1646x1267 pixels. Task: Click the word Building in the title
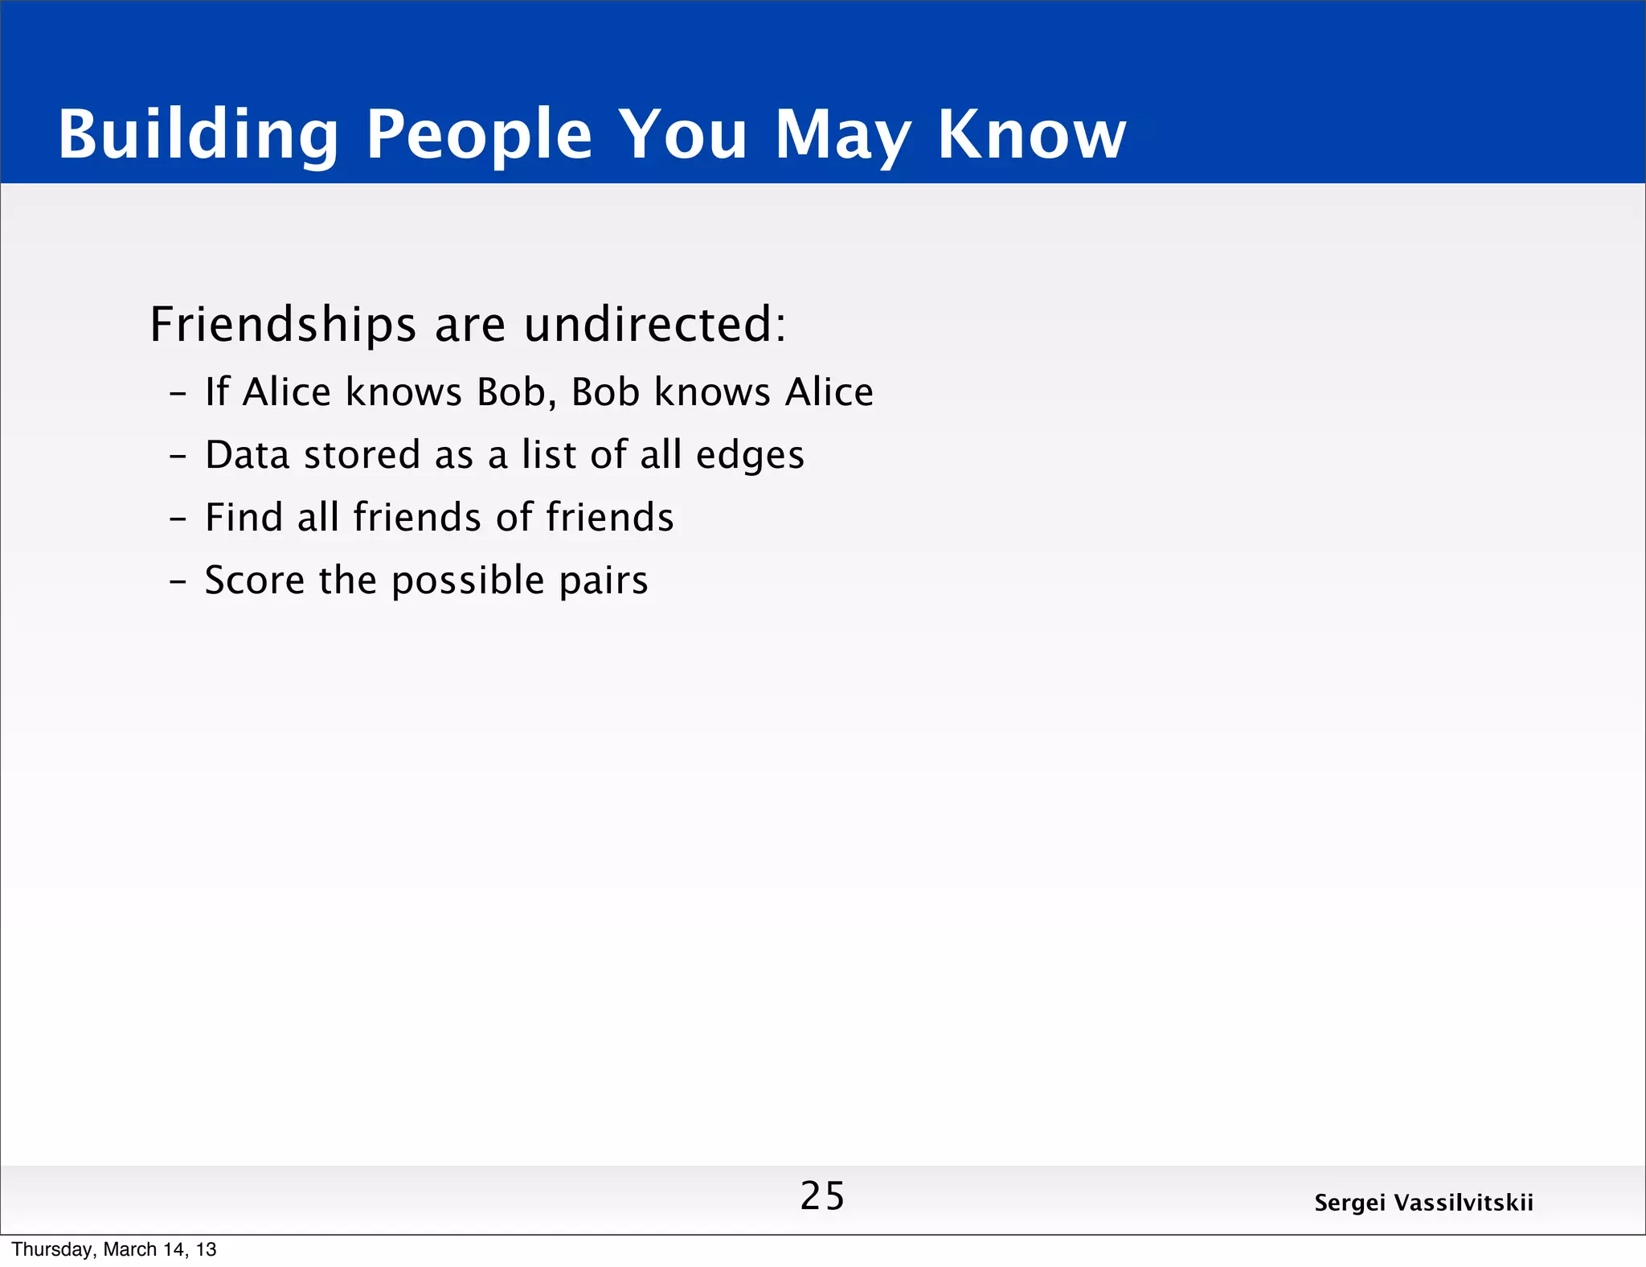(198, 135)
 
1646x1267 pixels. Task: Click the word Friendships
(283, 325)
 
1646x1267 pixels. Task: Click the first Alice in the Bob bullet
(287, 392)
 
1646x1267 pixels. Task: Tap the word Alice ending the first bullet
(829, 392)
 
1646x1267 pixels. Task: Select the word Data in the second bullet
(247, 455)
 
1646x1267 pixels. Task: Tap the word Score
(255, 580)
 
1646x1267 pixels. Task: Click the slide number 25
(822, 1196)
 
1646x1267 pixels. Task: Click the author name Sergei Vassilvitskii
(1423, 1203)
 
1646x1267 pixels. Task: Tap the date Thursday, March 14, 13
(114, 1249)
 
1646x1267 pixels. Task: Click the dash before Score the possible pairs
(178, 580)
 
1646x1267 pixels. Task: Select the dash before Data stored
(178, 456)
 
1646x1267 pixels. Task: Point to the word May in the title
(842, 135)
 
